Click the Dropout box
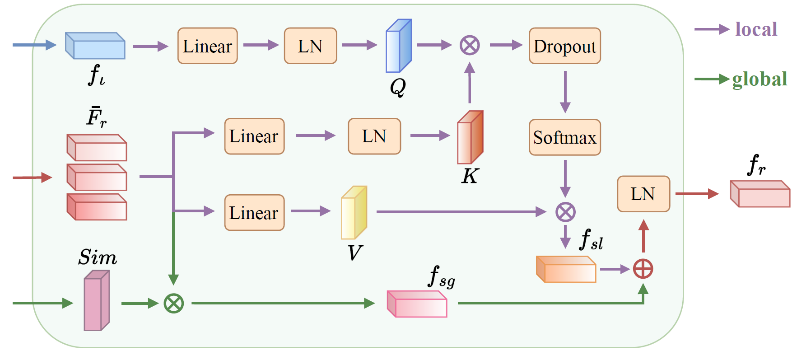(x=564, y=46)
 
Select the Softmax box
(x=564, y=137)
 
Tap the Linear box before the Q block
(x=207, y=46)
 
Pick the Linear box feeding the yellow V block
(x=254, y=213)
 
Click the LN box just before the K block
(x=374, y=136)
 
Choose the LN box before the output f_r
(x=643, y=194)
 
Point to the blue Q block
(x=398, y=46)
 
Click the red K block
(x=470, y=137)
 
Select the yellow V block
(x=354, y=213)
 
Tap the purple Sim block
(x=97, y=301)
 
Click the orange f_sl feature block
(x=566, y=270)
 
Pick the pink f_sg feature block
(x=417, y=304)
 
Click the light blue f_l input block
(x=95, y=46)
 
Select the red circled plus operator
(x=643, y=269)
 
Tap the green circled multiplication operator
(x=174, y=303)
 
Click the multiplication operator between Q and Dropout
(x=470, y=45)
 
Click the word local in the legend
(x=756, y=29)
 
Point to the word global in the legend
(x=759, y=79)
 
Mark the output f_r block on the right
(x=760, y=194)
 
